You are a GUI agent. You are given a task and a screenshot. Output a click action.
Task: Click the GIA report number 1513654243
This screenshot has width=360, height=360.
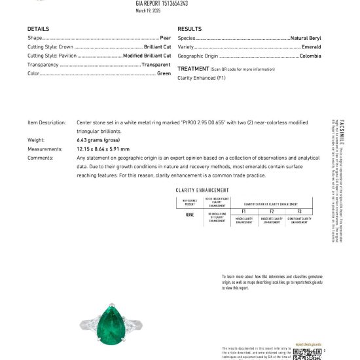pos(162,3)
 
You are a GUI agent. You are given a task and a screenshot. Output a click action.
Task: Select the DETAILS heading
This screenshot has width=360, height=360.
pos(38,29)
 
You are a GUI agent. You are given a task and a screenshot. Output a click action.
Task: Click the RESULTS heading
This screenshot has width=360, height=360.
pos(189,29)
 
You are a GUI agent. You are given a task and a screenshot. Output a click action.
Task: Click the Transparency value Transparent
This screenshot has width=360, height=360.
pos(156,65)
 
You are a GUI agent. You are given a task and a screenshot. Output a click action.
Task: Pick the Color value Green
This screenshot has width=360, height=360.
pos(164,73)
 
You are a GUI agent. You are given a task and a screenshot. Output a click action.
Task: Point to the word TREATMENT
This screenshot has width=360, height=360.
pos(193,69)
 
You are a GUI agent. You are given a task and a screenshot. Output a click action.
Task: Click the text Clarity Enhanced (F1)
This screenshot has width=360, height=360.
pos(202,78)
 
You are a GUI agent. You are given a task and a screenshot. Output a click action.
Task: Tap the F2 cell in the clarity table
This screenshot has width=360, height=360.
pos(271,212)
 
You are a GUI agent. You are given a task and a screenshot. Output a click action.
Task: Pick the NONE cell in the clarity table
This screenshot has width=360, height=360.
pos(189,215)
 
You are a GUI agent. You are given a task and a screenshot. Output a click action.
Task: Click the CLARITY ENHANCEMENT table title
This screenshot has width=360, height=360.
pos(203,190)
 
